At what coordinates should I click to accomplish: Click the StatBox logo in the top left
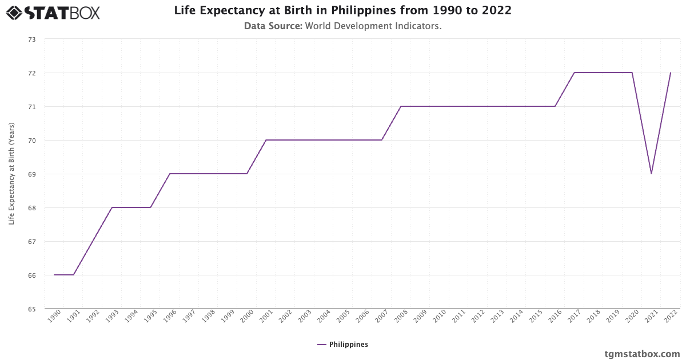pyautogui.click(x=53, y=12)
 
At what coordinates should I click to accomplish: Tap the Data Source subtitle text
pyautogui.click(x=342, y=26)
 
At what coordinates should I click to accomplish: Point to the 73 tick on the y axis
pyautogui.click(x=31, y=39)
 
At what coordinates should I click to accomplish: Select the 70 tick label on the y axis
pyautogui.click(x=31, y=141)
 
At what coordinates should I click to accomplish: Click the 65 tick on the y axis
pyautogui.click(x=31, y=309)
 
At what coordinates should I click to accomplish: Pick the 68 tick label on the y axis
pyautogui.click(x=31, y=208)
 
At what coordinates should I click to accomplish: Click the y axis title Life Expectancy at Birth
pyautogui.click(x=11, y=174)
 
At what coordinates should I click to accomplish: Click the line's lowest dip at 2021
pyautogui.click(x=651, y=174)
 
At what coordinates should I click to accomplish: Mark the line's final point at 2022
pyautogui.click(x=671, y=73)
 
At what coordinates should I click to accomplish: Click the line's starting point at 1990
pyautogui.click(x=54, y=275)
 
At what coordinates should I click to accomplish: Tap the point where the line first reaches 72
pyautogui.click(x=575, y=73)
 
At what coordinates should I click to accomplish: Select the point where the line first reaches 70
pyautogui.click(x=266, y=140)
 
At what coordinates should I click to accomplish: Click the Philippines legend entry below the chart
pyautogui.click(x=342, y=345)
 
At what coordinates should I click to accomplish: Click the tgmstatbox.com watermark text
pyautogui.click(x=642, y=354)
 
